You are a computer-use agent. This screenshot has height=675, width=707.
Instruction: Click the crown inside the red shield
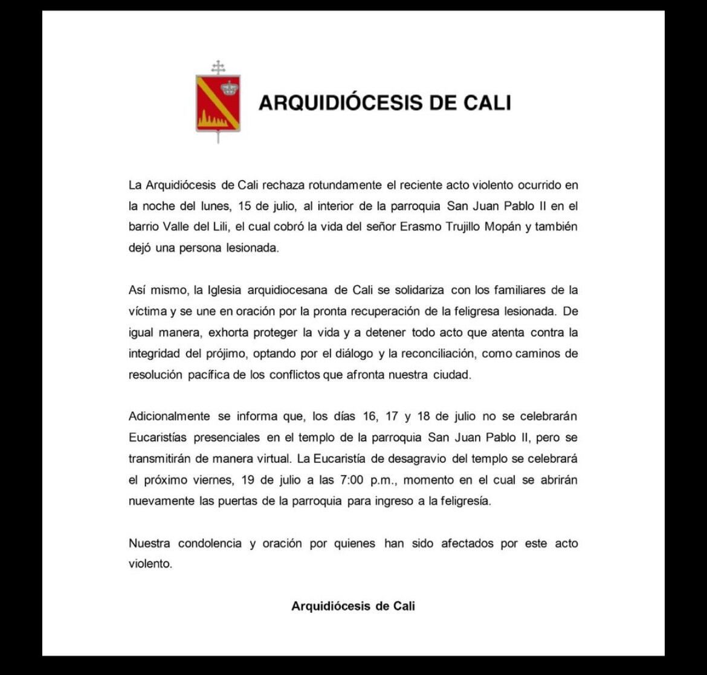229,88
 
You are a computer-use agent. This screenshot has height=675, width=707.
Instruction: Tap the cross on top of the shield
218,66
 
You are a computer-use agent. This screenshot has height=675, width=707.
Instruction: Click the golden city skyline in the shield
212,121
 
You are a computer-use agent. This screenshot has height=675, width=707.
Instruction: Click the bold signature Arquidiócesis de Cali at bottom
353,606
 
